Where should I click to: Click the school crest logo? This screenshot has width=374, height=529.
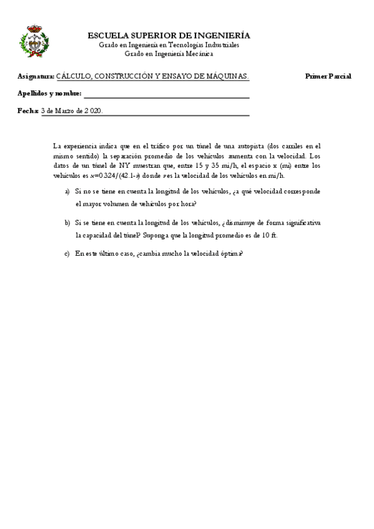tap(35, 42)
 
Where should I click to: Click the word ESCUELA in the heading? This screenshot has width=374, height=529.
tap(107, 36)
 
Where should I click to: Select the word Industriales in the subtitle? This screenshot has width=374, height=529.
tap(219, 46)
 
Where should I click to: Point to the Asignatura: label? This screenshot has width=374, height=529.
tap(36, 76)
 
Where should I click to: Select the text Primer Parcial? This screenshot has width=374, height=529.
tap(328, 76)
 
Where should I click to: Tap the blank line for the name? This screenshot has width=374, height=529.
tap(166, 95)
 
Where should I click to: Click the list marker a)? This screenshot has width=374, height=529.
tap(67, 192)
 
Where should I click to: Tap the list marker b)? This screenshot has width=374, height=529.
tap(67, 223)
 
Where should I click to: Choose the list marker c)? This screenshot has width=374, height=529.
tap(67, 254)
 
